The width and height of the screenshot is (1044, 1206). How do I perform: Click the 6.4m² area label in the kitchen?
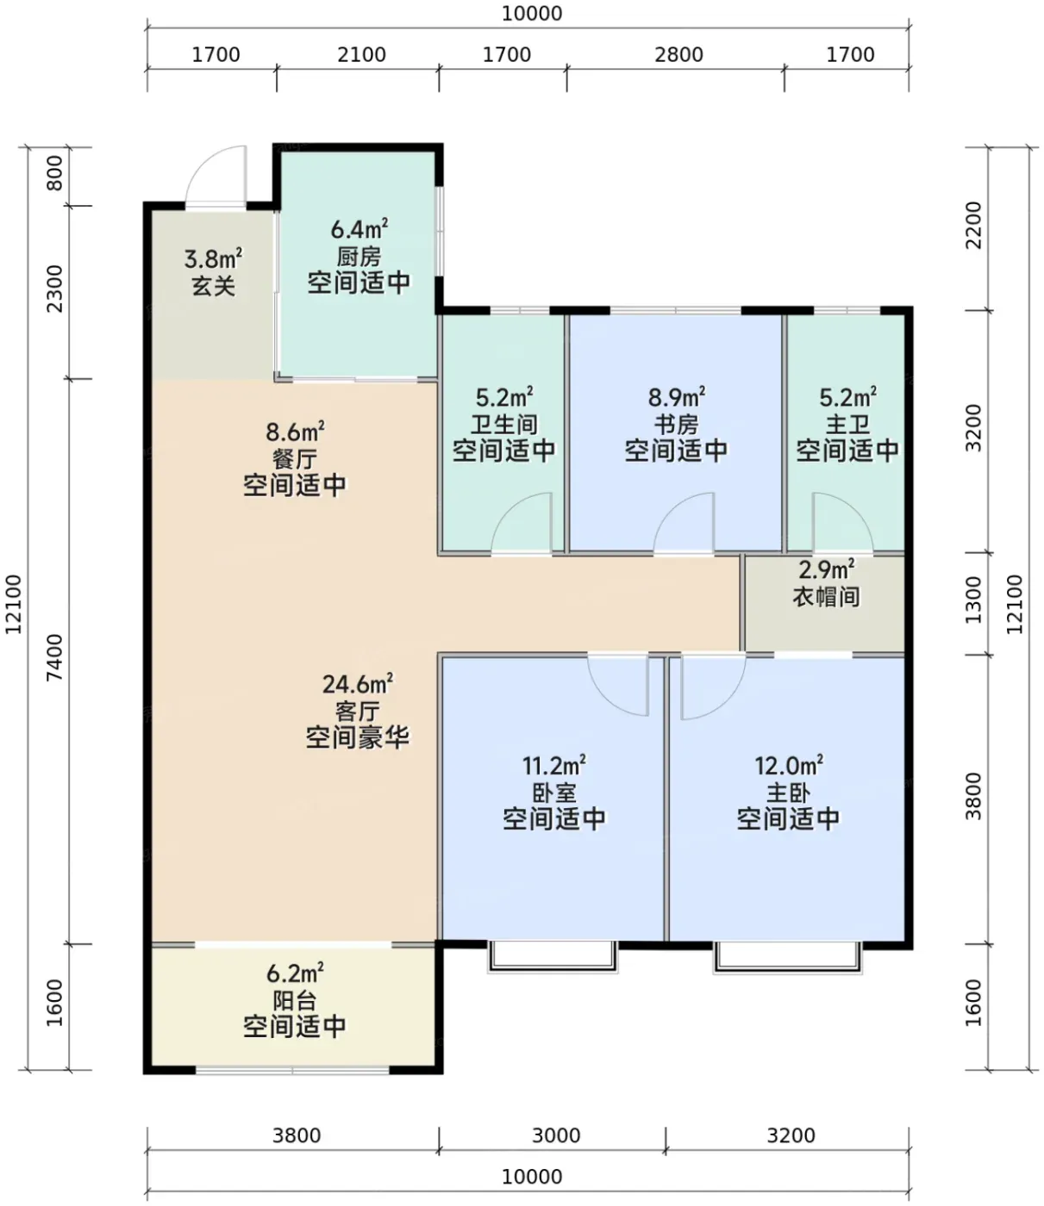[x=359, y=229]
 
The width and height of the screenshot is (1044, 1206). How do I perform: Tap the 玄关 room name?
[x=214, y=286]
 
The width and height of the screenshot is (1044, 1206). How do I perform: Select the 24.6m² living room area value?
[x=358, y=684]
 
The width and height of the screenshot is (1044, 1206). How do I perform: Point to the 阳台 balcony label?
[x=295, y=1001]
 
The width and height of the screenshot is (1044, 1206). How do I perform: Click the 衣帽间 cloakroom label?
[x=826, y=597]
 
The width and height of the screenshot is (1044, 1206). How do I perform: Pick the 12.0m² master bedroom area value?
[x=789, y=766]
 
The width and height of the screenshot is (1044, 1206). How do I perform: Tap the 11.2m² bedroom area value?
[x=554, y=766]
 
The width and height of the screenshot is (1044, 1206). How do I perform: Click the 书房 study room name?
[x=676, y=424]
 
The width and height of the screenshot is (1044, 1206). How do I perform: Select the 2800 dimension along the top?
[x=678, y=55]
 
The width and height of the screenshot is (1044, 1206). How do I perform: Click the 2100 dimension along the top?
[x=361, y=55]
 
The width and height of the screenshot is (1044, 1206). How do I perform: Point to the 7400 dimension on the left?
[x=54, y=657]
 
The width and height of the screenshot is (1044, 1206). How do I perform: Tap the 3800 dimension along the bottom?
[x=297, y=1135]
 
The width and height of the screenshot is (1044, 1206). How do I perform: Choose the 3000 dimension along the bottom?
[x=556, y=1135]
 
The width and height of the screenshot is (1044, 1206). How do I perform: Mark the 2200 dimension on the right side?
[x=973, y=225]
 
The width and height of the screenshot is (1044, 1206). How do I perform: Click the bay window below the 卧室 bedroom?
[x=553, y=956]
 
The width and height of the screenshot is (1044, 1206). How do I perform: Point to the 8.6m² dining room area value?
[x=296, y=432]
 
